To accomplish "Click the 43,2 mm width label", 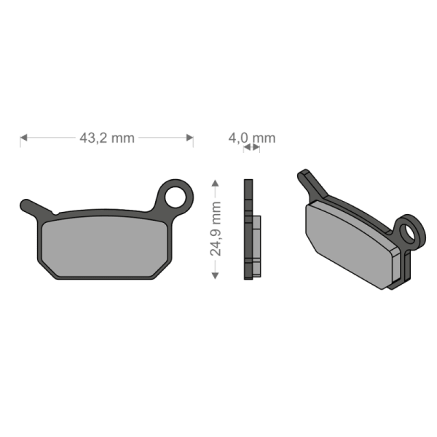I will tap(106, 138).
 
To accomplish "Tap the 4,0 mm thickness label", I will tap(252, 137).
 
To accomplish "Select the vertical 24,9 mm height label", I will tap(216, 228).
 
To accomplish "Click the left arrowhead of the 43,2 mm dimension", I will tap(23, 138).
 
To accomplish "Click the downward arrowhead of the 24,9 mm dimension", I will tap(215, 274).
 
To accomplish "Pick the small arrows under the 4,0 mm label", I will tap(251, 147).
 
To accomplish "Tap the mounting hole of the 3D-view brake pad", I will tap(416, 232).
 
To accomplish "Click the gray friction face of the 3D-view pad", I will tap(350, 242).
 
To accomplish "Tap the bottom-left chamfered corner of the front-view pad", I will tap(48, 271).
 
